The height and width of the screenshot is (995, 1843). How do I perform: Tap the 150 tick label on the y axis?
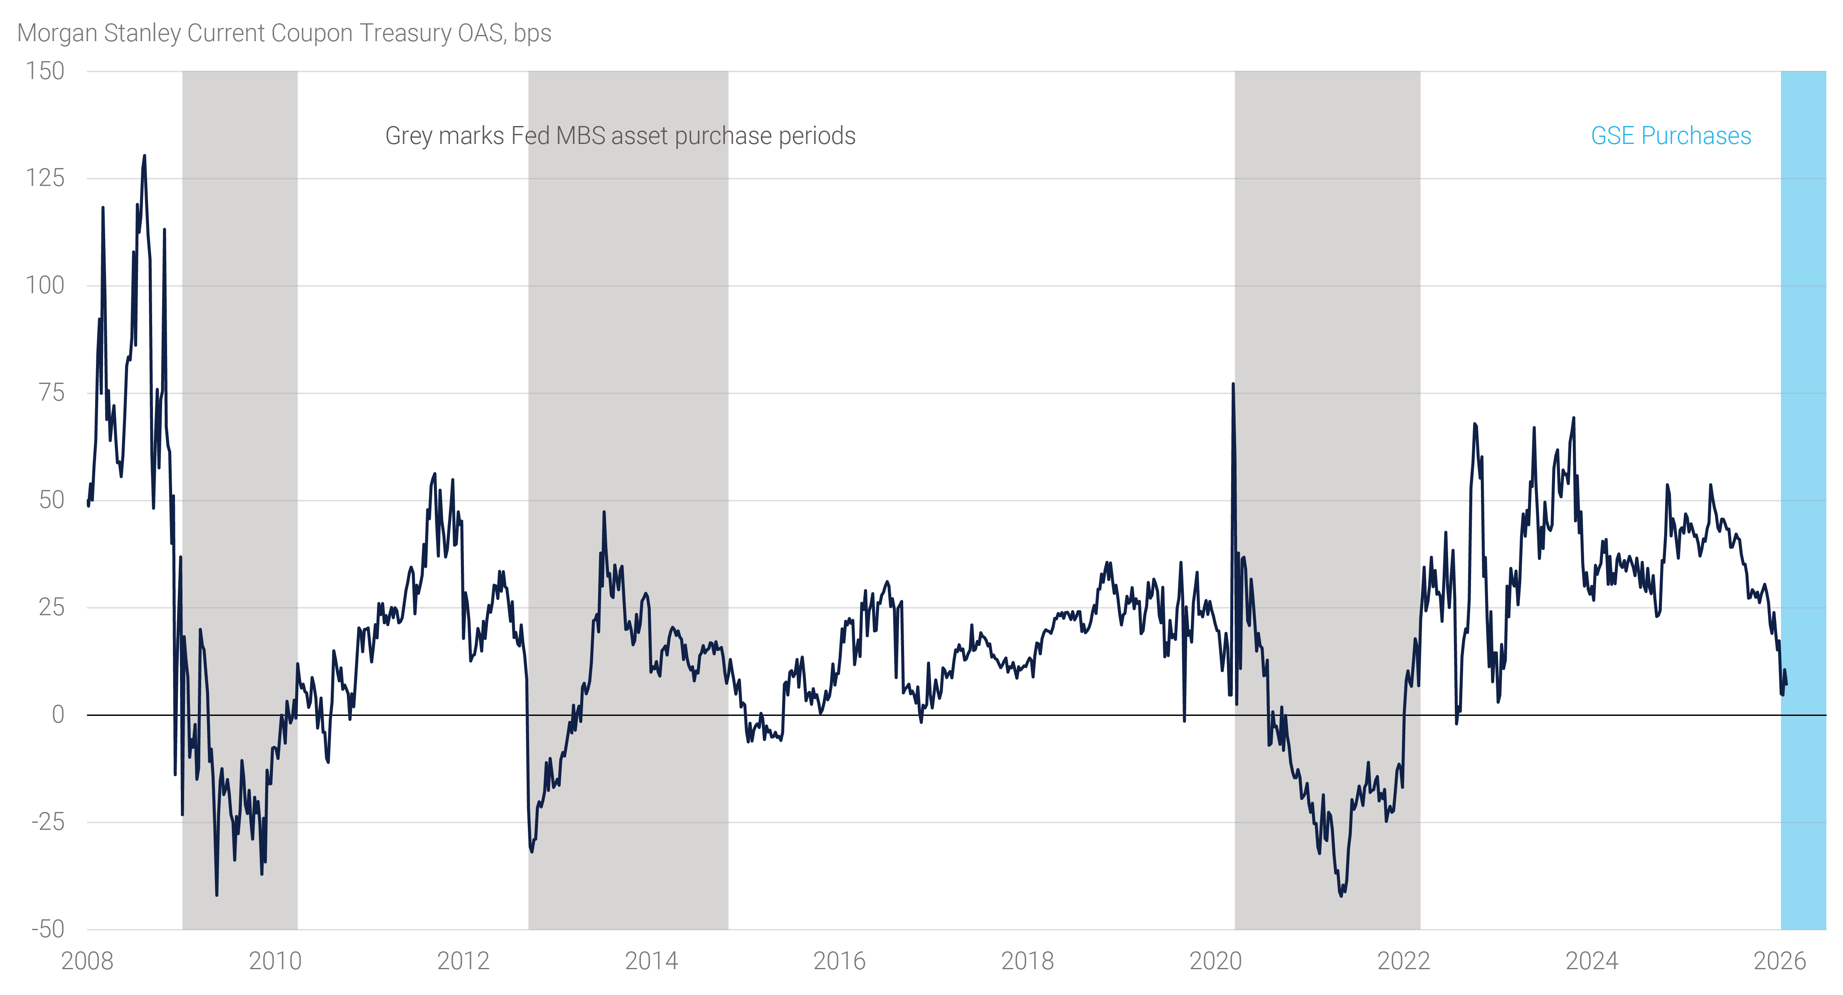pyautogui.click(x=45, y=71)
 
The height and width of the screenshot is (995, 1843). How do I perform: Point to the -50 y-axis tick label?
pyautogui.click(x=47, y=929)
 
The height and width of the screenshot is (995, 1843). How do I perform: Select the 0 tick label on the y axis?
pyautogui.click(x=58, y=714)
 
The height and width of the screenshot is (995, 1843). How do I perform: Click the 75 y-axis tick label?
pyautogui.click(x=52, y=392)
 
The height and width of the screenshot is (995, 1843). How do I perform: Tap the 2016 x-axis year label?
pyautogui.click(x=839, y=960)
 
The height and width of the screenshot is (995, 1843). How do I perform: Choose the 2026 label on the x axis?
pyautogui.click(x=1779, y=960)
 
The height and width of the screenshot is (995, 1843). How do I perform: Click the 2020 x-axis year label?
pyautogui.click(x=1215, y=960)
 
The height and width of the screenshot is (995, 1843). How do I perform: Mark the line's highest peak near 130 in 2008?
pyautogui.click(x=145, y=156)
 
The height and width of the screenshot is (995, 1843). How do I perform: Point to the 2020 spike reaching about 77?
pyautogui.click(x=1233, y=384)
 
